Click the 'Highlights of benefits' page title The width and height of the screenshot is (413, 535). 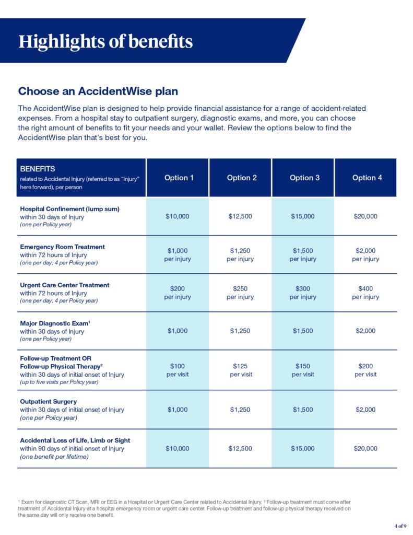click(x=105, y=41)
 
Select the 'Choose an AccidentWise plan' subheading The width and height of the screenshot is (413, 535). click(x=98, y=91)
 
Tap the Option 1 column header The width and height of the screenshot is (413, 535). click(x=179, y=178)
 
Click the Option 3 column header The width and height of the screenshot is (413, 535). click(x=304, y=178)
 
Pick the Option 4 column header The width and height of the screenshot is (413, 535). click(x=367, y=178)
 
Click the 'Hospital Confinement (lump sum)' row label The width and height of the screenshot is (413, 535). click(x=70, y=209)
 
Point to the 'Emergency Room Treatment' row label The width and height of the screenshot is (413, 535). click(x=62, y=247)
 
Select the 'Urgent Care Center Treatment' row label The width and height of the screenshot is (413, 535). click(x=65, y=285)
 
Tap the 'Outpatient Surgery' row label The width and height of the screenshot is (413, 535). click(x=48, y=402)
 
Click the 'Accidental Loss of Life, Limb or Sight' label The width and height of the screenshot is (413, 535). click(x=75, y=440)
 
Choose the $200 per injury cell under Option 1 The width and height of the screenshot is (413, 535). click(x=178, y=293)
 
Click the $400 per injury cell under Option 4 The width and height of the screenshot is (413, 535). click(x=365, y=293)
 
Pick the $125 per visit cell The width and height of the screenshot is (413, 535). click(x=240, y=370)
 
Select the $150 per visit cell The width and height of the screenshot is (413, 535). click(x=303, y=370)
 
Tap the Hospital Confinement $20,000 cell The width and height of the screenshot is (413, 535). click(x=365, y=216)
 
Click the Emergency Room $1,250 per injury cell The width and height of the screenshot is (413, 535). click(x=240, y=254)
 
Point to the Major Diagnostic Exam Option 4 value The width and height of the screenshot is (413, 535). click(x=365, y=331)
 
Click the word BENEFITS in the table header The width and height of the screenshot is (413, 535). click(x=38, y=169)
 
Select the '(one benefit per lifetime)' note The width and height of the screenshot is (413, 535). click(x=54, y=457)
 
